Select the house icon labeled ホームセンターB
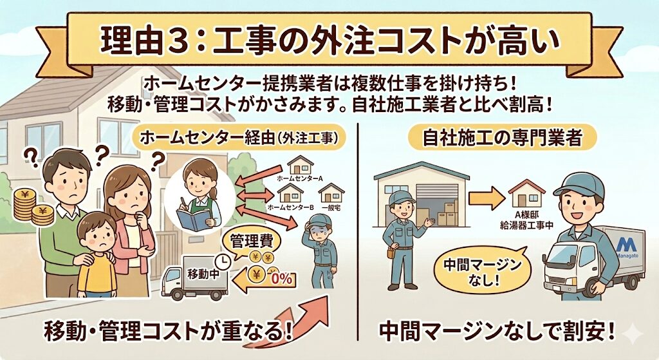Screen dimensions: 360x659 pyautogui.click(x=290, y=193)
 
